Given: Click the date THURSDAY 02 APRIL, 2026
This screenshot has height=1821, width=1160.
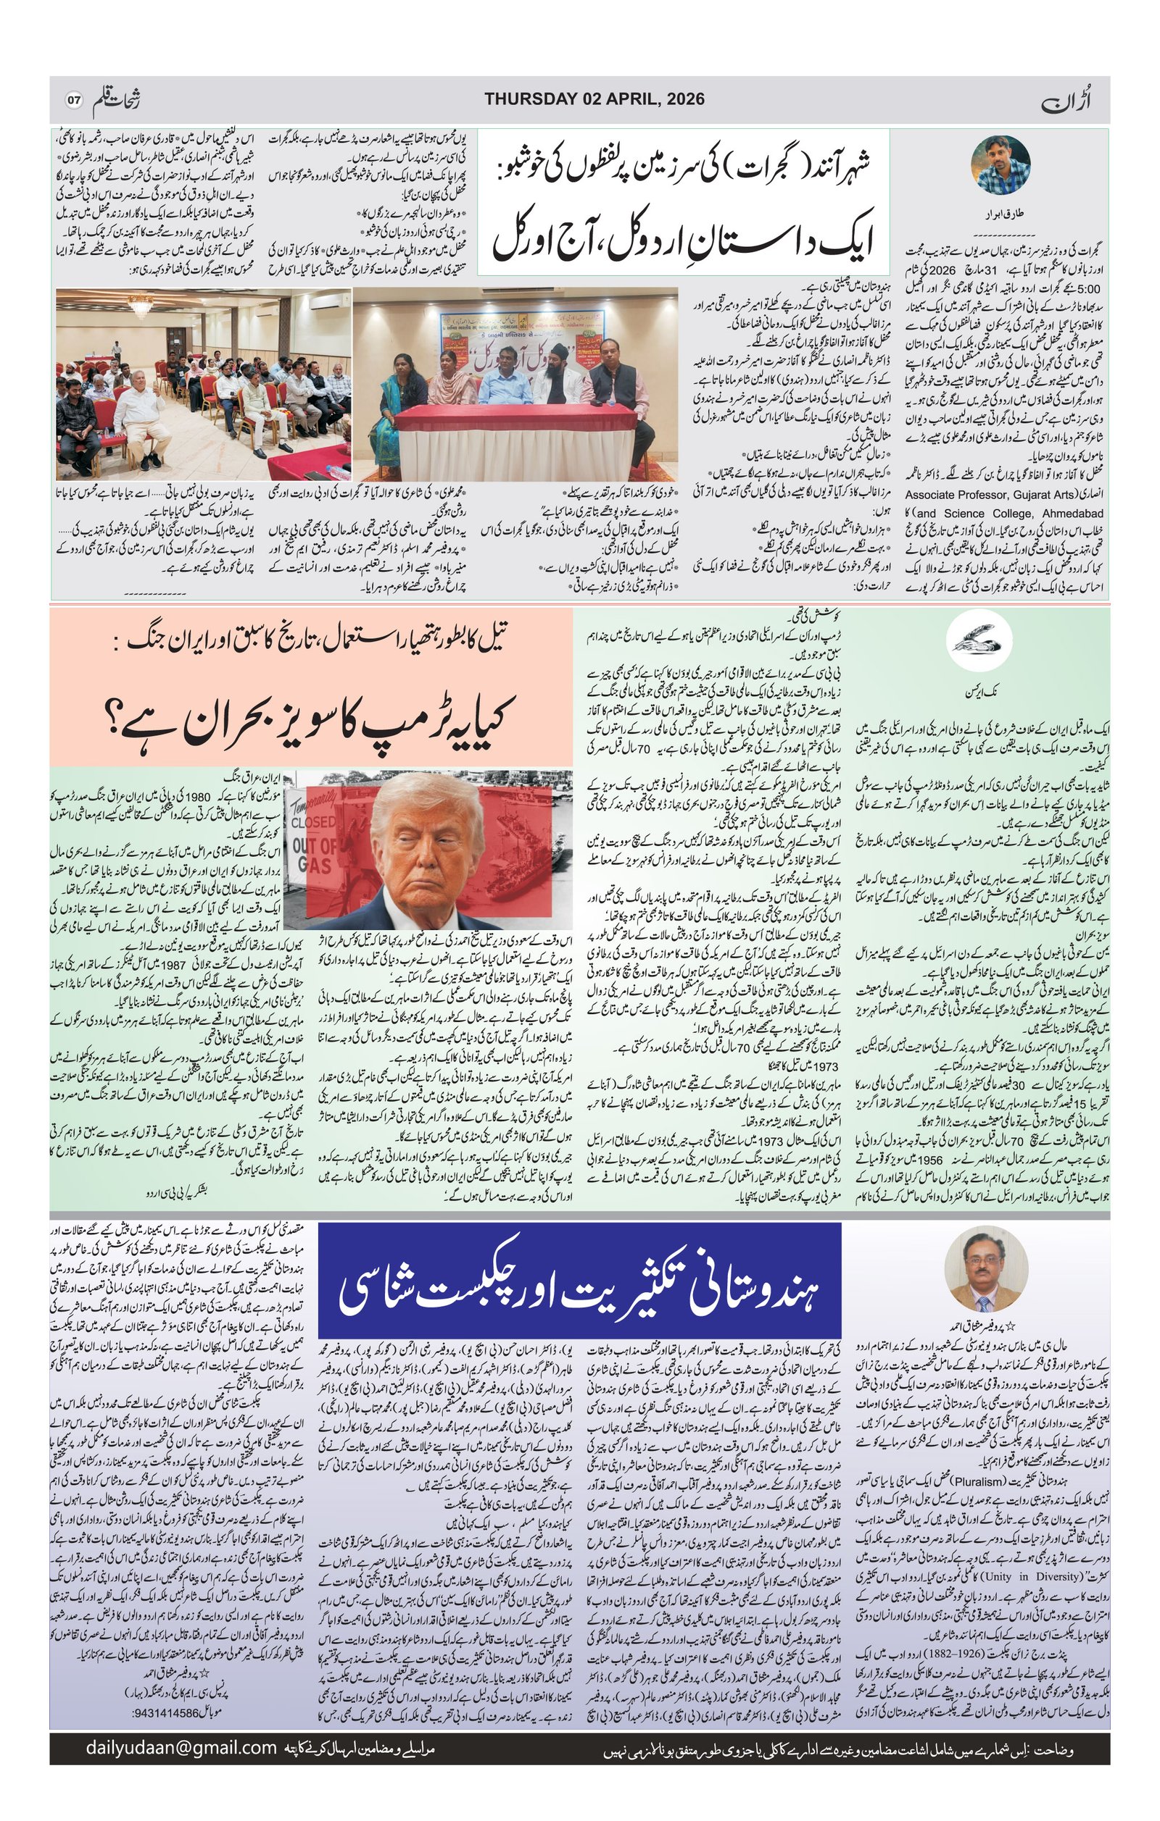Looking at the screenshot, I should (x=594, y=99).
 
